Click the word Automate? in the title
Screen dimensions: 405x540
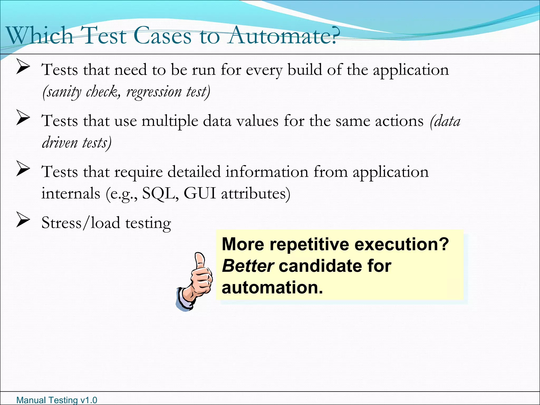point(282,35)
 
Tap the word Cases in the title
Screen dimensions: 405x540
point(162,35)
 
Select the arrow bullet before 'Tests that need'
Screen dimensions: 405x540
point(23,66)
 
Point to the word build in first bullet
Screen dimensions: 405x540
point(305,70)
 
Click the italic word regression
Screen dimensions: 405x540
point(154,92)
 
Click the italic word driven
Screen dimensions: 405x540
point(60,143)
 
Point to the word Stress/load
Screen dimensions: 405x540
point(80,223)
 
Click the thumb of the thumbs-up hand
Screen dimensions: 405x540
point(200,260)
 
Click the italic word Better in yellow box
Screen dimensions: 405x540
point(248,266)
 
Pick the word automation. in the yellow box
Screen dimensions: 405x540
point(272,287)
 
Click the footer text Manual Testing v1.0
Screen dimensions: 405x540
point(57,400)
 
